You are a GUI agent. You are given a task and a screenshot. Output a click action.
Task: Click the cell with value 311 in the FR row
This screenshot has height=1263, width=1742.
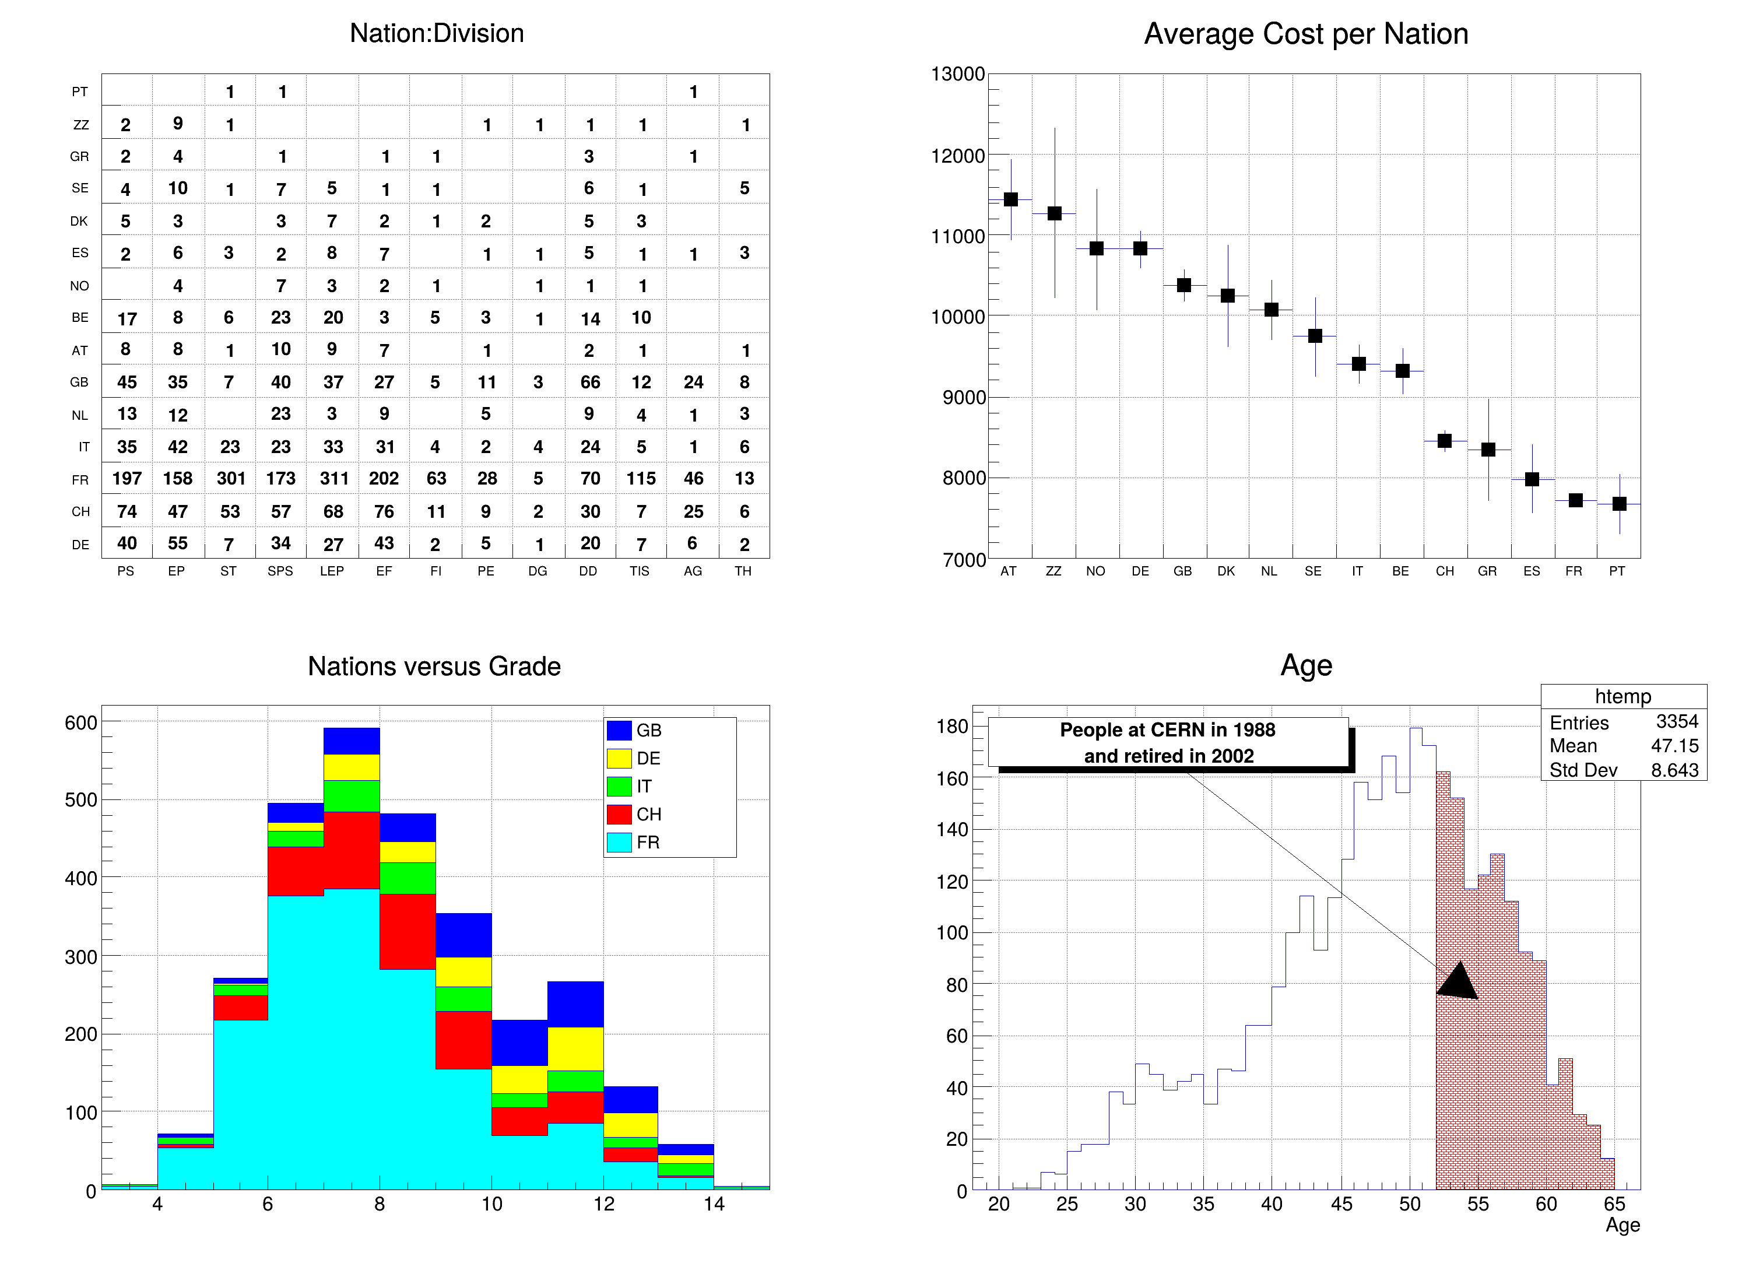pyautogui.click(x=333, y=479)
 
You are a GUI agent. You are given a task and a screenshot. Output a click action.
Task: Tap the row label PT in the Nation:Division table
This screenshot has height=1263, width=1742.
pyautogui.click(x=80, y=92)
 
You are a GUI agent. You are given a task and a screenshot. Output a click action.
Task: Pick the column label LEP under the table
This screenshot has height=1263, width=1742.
pyautogui.click(x=332, y=571)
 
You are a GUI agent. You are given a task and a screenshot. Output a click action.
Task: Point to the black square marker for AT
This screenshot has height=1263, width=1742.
pyautogui.click(x=1011, y=200)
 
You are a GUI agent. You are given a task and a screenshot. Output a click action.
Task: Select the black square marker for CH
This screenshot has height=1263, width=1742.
pyautogui.click(x=1445, y=441)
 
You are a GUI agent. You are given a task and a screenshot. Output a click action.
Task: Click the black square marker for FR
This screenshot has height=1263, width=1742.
pyautogui.click(x=1575, y=500)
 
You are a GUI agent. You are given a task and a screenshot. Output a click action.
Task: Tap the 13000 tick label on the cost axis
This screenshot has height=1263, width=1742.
pyautogui.click(x=957, y=75)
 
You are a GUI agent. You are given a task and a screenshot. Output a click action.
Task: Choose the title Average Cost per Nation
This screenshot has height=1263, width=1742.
pyautogui.click(x=1306, y=34)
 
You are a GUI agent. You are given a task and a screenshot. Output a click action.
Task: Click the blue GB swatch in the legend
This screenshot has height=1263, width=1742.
pyautogui.click(x=619, y=730)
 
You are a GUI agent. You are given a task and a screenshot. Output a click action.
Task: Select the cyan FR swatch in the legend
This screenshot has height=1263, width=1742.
pyautogui.click(x=619, y=842)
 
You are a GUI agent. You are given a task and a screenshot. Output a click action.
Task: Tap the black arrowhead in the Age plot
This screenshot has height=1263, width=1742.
pyautogui.click(x=1458, y=983)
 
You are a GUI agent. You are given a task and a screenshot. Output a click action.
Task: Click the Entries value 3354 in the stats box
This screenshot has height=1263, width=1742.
pyautogui.click(x=1677, y=721)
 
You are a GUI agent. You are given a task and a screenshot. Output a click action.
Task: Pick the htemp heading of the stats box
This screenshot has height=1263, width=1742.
pyautogui.click(x=1623, y=696)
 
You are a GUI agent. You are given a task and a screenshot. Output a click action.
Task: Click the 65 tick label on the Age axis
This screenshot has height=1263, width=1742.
pyautogui.click(x=1614, y=1204)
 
